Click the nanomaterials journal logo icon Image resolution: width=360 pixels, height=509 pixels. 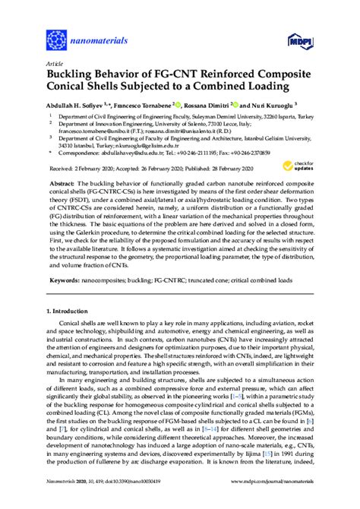coord(56,36)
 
